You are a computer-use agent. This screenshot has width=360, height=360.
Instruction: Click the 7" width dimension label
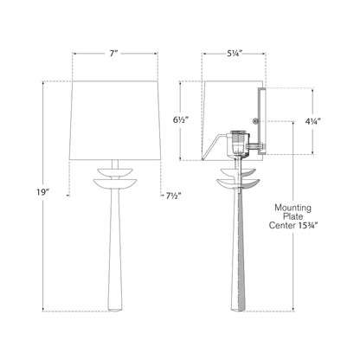(114, 54)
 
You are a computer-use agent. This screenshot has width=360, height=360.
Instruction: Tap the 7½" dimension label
(173, 196)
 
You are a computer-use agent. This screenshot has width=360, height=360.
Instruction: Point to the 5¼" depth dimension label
(234, 53)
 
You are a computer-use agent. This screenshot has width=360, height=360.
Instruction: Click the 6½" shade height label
(181, 120)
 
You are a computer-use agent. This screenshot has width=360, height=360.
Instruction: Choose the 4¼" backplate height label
(313, 122)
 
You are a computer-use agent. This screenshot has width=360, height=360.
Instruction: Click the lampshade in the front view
(115, 120)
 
